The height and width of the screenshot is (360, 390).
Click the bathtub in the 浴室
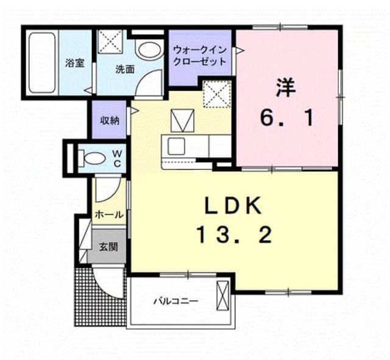coord(42,63)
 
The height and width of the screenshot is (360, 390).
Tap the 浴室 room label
coord(74,63)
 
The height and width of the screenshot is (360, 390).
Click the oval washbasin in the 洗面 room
coord(149,50)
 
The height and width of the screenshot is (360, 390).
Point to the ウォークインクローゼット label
coord(199,55)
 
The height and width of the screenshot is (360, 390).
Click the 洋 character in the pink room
coord(286,88)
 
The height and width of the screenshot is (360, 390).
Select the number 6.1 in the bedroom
coord(286,118)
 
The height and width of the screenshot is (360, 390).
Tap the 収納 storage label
coord(110,121)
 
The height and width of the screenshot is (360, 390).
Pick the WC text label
coord(117,158)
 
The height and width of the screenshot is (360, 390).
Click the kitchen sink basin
coord(176,146)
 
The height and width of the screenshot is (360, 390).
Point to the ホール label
coord(109,214)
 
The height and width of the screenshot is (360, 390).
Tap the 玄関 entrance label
coord(108,247)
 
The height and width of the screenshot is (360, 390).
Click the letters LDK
coord(233,205)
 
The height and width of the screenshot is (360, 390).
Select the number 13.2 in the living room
coord(234,236)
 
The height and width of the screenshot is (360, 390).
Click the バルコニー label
coord(176,302)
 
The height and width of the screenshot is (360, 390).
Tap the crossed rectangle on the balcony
coord(222,295)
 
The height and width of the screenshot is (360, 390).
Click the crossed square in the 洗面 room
coord(110,41)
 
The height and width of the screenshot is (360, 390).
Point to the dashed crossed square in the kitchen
coord(217,94)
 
